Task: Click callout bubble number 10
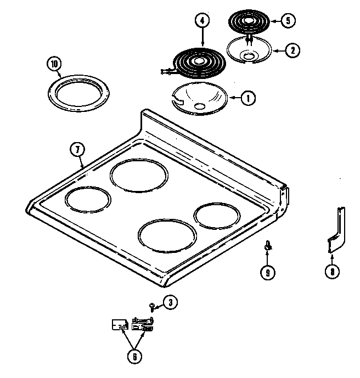54,63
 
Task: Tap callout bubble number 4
203,21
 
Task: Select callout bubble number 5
287,21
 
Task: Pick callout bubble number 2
292,50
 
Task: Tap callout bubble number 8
331,270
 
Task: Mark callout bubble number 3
171,301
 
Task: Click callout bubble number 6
134,356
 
